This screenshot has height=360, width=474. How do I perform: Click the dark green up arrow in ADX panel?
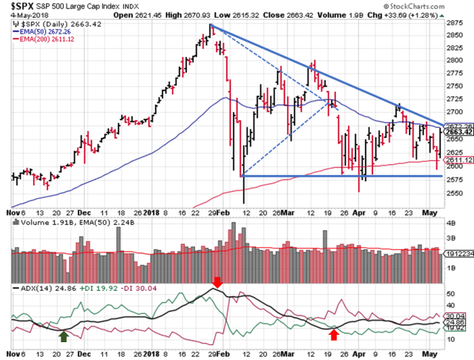click(x=65, y=336)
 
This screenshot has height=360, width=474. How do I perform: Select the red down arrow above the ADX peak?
click(x=217, y=282)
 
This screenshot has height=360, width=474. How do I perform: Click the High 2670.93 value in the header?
click(x=230, y=14)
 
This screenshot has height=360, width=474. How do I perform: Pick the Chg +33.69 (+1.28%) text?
click(x=432, y=14)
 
